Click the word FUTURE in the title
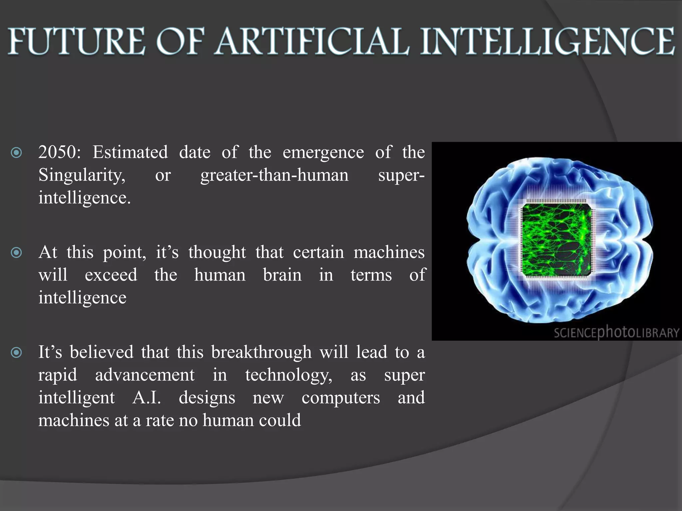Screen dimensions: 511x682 [77, 42]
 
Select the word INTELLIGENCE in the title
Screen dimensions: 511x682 [548, 42]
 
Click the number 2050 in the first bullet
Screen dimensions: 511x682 [57, 152]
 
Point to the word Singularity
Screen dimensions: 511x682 [82, 175]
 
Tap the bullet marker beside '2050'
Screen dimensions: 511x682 [16, 153]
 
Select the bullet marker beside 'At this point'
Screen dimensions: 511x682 [16, 253]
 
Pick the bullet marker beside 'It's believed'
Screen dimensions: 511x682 [16, 352]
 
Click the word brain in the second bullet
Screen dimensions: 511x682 [282, 275]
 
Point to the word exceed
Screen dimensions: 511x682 [111, 275]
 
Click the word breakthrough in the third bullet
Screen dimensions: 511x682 [261, 352]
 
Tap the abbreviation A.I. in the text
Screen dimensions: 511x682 [147, 398]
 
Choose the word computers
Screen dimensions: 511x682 [341, 398]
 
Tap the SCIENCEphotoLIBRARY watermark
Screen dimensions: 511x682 [616, 332]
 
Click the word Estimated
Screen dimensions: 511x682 [130, 152]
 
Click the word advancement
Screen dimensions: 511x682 [145, 375]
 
